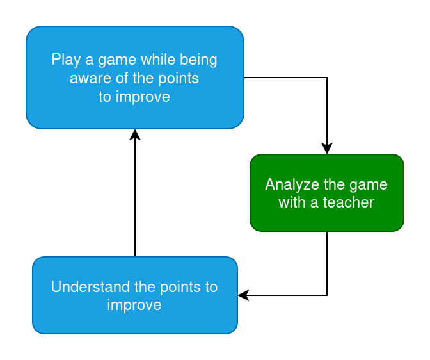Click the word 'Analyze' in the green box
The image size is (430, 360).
[x=291, y=184]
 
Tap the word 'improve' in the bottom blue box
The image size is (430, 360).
[x=134, y=305]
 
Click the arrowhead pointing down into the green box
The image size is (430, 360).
[x=327, y=149]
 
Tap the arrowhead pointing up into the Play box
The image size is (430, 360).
[x=135, y=134]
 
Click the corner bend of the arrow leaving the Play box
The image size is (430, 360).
[x=327, y=78]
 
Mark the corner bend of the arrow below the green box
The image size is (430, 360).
[x=327, y=295]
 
